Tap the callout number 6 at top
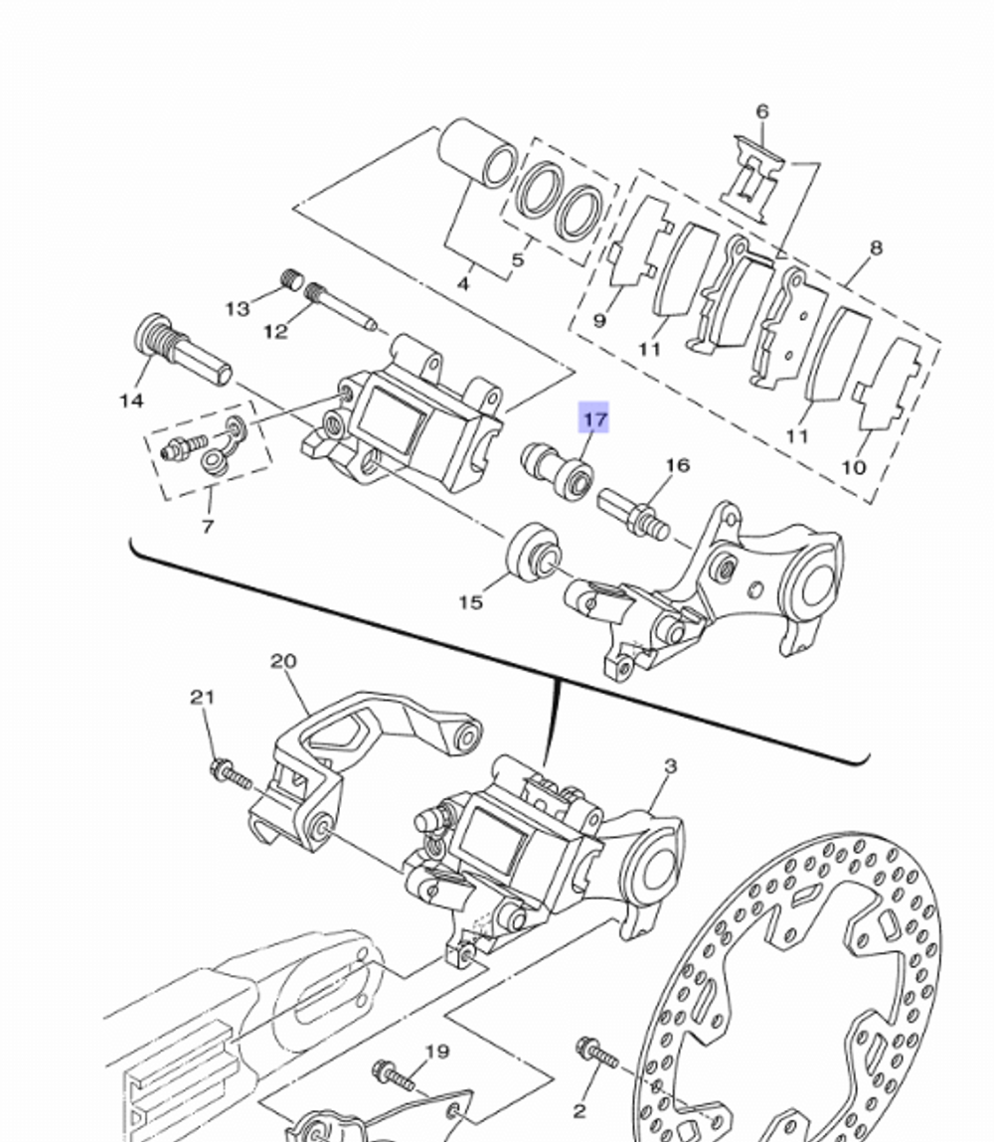762,111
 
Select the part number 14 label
131,401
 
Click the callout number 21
203,698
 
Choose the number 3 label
671,766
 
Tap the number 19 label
437,1052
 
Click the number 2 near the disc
580,1110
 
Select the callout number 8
875,247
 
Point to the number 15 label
470,602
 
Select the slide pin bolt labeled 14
180,350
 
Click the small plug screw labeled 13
290,279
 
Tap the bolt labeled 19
394,1073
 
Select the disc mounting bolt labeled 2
596,1051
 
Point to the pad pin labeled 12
341,306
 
